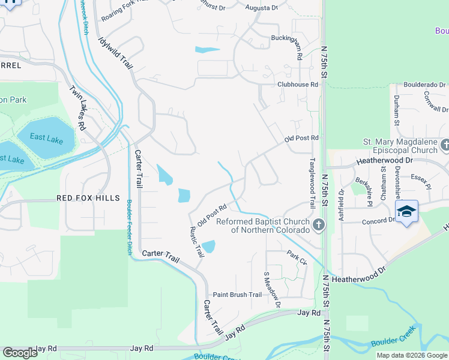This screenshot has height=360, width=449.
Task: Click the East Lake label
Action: [x=46, y=137]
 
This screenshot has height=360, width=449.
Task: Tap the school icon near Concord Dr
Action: [x=406, y=212]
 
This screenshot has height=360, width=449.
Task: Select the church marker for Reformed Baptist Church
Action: [x=319, y=226]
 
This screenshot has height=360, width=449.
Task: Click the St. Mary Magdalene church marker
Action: [x=445, y=145]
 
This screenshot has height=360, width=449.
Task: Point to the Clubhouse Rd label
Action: [x=297, y=85]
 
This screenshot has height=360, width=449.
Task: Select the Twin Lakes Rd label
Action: [x=78, y=109]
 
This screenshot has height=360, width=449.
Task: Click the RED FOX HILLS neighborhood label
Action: [x=88, y=198]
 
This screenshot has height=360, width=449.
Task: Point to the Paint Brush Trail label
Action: [x=238, y=295]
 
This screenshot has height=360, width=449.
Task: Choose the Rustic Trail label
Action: [x=196, y=242]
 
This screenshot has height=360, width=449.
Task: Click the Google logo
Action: [x=20, y=353]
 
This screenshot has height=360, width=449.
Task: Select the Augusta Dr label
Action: [x=262, y=8]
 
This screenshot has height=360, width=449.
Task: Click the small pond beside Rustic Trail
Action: [x=208, y=247]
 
